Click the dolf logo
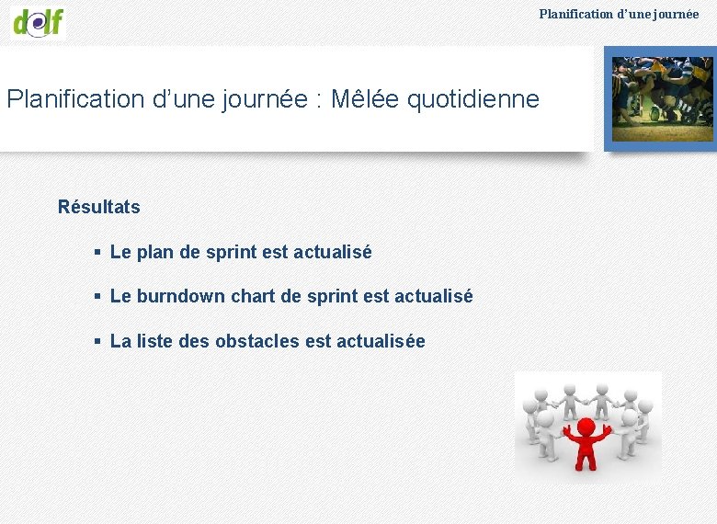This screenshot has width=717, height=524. (39, 21)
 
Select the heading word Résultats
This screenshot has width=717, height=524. (99, 207)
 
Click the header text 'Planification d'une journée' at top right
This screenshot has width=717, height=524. (619, 14)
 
